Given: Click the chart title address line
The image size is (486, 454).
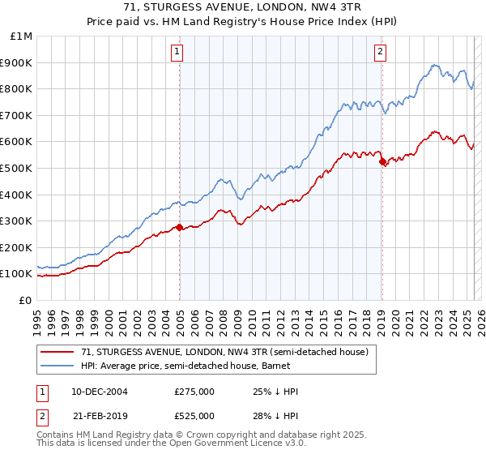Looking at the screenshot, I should [243, 7].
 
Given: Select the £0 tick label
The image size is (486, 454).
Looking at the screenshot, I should [25, 300].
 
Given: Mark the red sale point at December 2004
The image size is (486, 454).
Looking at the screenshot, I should [179, 227].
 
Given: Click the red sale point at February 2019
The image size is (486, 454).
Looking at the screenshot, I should [382, 161].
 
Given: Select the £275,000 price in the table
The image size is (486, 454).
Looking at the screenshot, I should [194, 391].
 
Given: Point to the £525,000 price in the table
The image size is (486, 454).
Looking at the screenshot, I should [194, 415].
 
